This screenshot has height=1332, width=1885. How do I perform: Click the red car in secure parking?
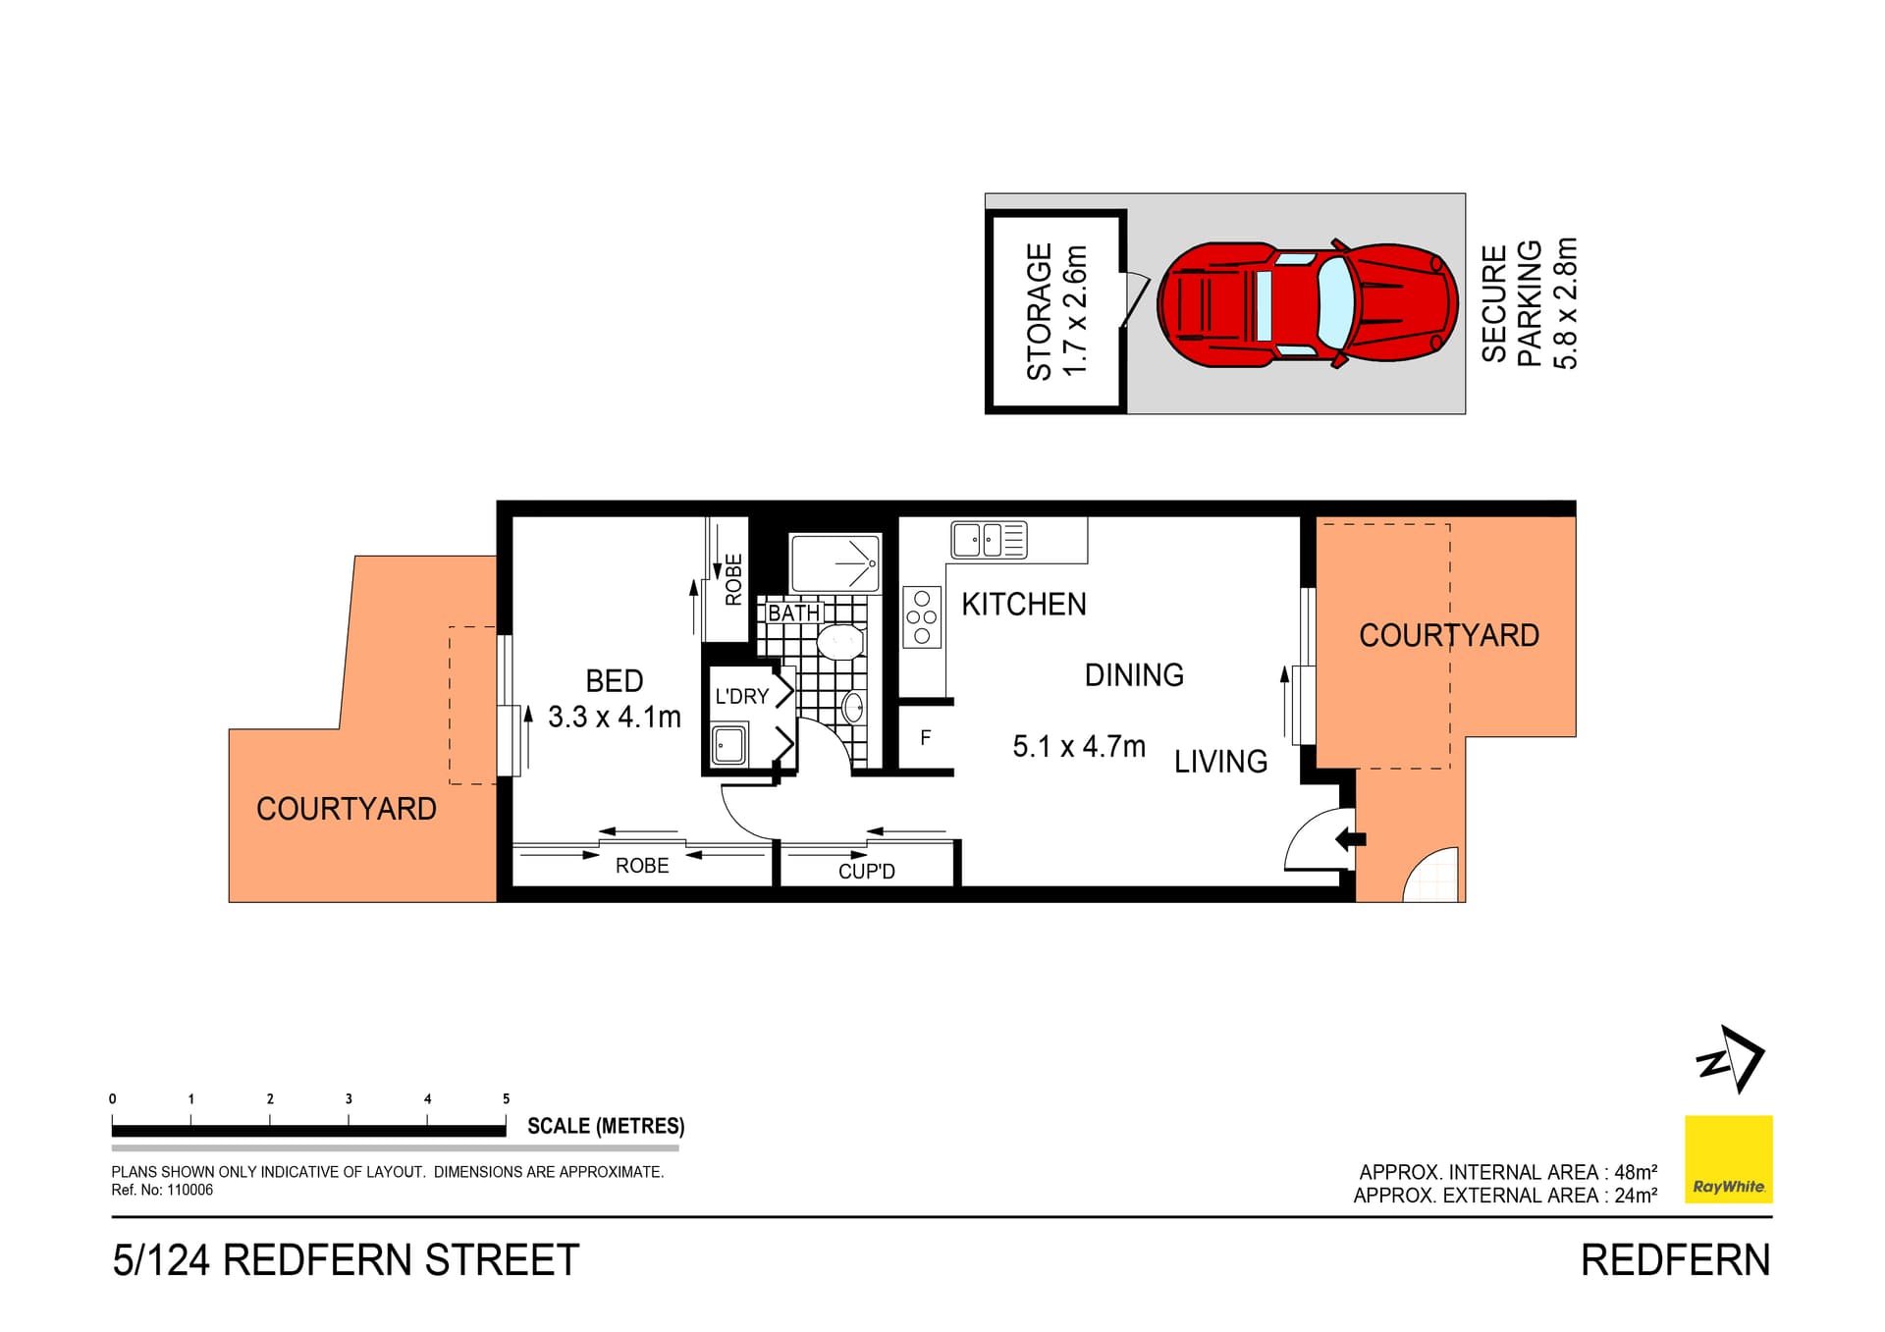point(1307,304)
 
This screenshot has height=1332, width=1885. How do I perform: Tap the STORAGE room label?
point(1039,311)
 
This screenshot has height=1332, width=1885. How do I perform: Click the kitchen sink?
point(989,540)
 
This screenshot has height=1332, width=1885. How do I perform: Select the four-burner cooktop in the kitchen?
point(922,616)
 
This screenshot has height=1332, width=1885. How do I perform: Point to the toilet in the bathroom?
point(840,643)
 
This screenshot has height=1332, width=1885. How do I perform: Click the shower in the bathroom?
point(835,562)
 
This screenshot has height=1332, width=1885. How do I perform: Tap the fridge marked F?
point(925,737)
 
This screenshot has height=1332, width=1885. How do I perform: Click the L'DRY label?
point(741,696)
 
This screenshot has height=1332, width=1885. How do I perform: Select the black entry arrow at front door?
point(1351,839)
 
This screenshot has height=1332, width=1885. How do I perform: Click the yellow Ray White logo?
point(1729,1159)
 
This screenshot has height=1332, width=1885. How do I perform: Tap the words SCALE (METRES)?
point(606,1126)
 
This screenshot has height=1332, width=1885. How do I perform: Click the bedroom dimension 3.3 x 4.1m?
point(615,718)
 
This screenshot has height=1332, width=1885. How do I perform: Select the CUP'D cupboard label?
point(867,871)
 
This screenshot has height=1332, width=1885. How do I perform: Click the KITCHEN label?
point(1024,604)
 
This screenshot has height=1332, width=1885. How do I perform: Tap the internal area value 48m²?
point(1636,1171)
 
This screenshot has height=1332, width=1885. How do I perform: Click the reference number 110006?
point(189,1190)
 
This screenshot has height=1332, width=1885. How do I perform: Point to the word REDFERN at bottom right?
point(1675,1260)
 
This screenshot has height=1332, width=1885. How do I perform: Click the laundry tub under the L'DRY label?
point(728,745)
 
